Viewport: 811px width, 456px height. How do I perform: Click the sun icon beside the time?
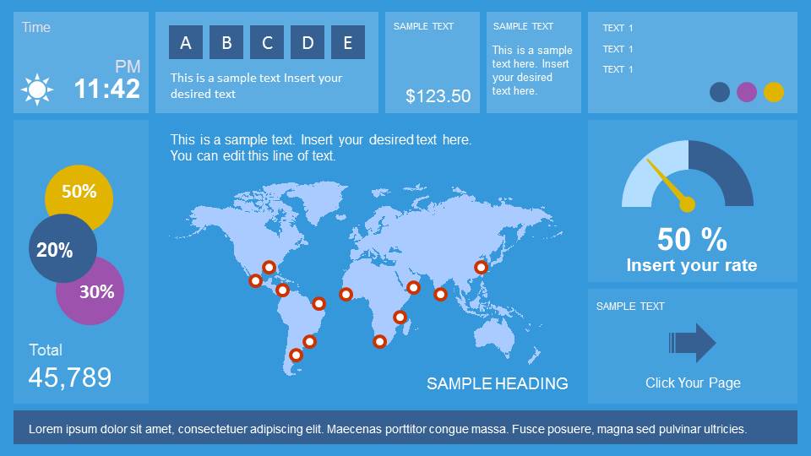(x=36, y=90)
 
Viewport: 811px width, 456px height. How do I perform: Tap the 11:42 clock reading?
(x=107, y=89)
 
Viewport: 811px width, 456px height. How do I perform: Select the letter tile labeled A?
(x=186, y=42)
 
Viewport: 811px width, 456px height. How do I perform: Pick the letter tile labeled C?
(x=267, y=42)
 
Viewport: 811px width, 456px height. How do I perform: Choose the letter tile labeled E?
(x=348, y=42)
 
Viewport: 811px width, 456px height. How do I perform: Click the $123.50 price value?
(x=438, y=95)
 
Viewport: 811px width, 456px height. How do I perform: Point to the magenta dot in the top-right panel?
(x=746, y=92)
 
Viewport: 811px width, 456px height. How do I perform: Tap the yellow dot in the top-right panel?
(x=774, y=92)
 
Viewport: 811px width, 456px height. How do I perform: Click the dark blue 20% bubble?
(x=63, y=248)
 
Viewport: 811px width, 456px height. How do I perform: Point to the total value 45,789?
(x=70, y=377)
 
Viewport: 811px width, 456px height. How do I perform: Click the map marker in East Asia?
(x=481, y=268)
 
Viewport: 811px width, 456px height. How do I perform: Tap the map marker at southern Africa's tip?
(x=379, y=341)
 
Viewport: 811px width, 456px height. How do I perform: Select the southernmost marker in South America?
(x=296, y=356)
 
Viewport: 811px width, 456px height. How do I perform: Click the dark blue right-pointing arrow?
(x=693, y=342)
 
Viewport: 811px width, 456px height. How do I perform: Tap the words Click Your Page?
(x=693, y=383)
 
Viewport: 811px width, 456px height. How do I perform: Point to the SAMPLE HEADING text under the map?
(x=497, y=383)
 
